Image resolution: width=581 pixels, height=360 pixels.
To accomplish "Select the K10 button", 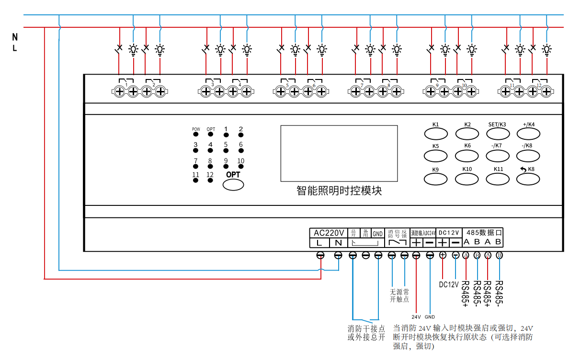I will tap(467, 179).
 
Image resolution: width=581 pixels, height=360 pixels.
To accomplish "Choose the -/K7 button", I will tap(498, 155).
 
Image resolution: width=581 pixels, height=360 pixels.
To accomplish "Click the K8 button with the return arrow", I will tap(529, 179).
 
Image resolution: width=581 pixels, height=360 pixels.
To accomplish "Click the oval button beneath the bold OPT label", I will tap(233, 185).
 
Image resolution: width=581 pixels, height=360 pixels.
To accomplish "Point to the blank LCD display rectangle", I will tap(339, 153).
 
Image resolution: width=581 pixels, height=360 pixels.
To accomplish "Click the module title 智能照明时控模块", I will tap(339, 191).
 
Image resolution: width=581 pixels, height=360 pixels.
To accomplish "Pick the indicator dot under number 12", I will tap(210, 181).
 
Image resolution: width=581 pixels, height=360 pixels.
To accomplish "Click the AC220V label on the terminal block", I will tap(329, 233).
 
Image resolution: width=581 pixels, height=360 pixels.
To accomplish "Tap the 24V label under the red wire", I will tap(416, 316).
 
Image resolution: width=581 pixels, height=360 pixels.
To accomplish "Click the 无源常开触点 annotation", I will tap(399, 295).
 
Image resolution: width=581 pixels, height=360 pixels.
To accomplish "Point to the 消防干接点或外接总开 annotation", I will tap(366, 333).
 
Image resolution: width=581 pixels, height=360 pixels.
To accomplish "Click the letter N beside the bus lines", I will tap(15, 37).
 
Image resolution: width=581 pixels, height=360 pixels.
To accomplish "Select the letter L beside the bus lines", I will tap(15, 48).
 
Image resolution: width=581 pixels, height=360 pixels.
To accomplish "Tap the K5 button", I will tap(435, 155).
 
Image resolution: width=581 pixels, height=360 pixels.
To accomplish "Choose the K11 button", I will tap(498, 179).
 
